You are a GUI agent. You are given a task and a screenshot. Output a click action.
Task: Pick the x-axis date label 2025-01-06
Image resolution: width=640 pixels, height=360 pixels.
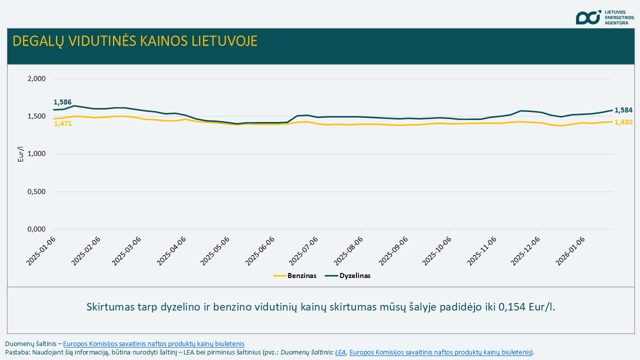coord(42,250)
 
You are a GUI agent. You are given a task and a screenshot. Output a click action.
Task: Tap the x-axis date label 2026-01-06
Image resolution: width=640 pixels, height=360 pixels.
coord(569,250)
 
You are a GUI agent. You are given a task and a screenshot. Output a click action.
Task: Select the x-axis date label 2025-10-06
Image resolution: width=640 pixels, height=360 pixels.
coord(436,250)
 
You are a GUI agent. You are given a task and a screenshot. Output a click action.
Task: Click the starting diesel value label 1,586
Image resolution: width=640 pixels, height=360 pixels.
coord(62,102)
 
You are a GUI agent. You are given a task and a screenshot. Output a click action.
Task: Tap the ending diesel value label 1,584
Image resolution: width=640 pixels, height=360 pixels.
coord(623,110)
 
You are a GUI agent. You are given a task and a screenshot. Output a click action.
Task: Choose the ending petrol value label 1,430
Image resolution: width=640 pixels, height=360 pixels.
coord(623,122)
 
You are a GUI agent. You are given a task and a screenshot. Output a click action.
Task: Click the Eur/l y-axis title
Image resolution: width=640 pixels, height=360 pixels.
coord(21,154)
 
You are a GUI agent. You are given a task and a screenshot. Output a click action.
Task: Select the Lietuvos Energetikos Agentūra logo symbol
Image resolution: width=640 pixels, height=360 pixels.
coord(588,17)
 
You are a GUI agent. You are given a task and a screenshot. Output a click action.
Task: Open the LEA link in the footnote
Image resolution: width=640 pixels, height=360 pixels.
coord(340,352)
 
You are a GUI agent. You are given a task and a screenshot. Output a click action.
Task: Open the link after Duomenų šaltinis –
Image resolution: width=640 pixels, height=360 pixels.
coord(153,343)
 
